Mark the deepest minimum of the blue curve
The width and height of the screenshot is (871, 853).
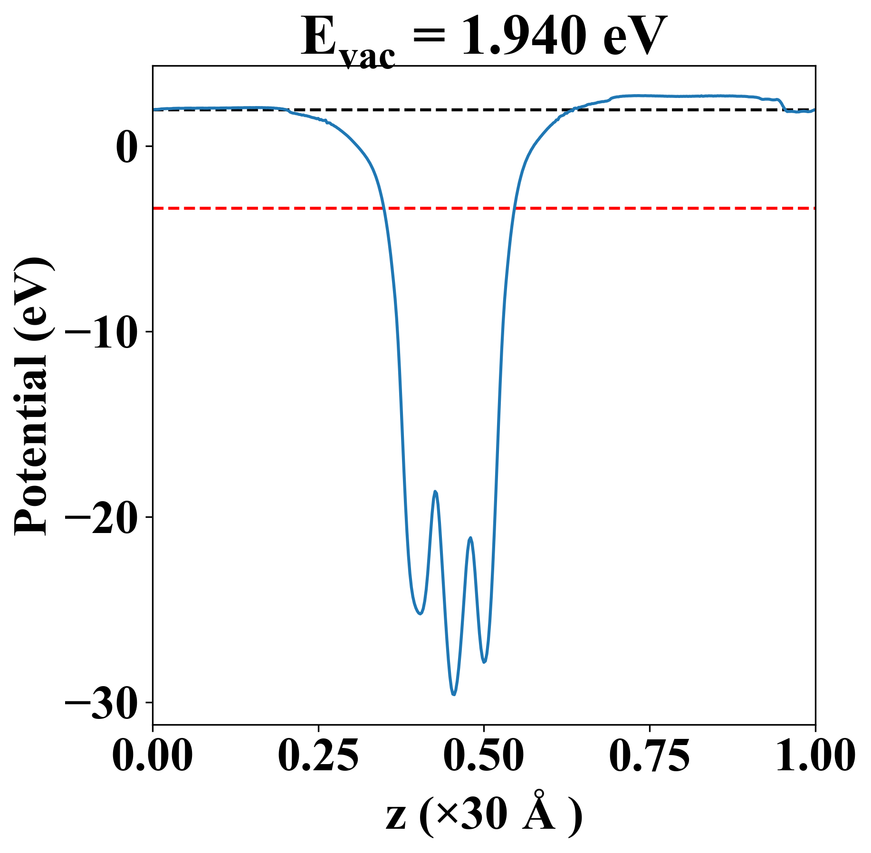pos(454,695)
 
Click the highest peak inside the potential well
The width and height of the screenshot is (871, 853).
pos(435,491)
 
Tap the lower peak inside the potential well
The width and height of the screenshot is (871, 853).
pos(470,538)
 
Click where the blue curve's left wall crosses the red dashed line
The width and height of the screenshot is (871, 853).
pos(384,208)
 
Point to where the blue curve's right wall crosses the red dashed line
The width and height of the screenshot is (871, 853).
pos(514,208)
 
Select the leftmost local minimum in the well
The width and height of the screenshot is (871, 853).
pos(420,614)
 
